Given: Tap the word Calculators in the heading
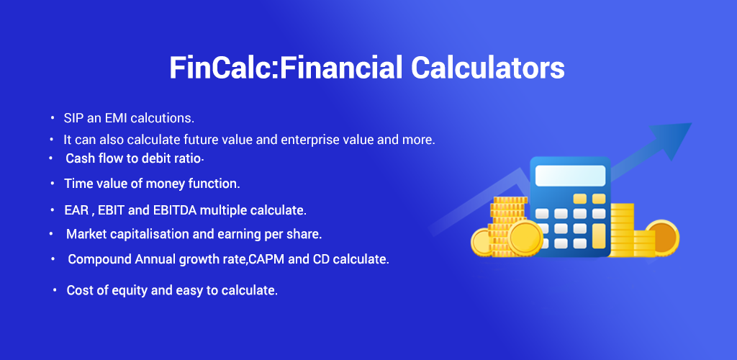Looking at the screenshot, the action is [487, 68].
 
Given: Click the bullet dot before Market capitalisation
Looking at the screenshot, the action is [51, 233].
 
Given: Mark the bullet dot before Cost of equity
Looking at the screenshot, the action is [55, 290].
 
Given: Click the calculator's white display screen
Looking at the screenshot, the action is [570, 176].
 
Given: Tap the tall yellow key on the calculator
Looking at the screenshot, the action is [599, 236].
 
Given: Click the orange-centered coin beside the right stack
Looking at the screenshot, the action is [662, 238].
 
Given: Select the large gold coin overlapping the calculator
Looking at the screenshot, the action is [525, 238].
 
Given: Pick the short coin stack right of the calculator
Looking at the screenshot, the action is [643, 244].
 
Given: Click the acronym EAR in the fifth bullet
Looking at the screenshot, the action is [76, 210].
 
